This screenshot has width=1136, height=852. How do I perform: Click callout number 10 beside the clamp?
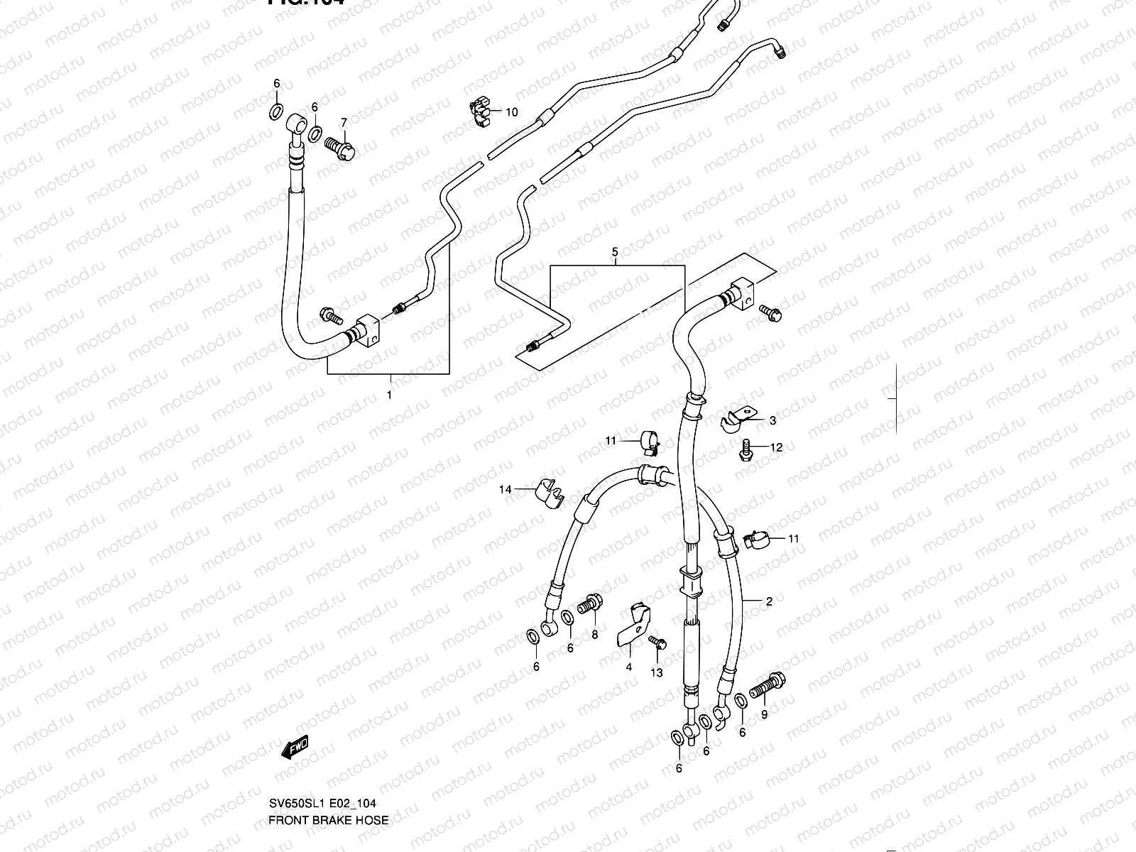point(512,112)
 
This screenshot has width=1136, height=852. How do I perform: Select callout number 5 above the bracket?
point(615,252)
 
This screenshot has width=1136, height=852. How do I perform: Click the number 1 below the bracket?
point(389,395)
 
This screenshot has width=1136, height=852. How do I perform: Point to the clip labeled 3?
point(736,420)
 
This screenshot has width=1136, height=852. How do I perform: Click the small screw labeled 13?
point(656,643)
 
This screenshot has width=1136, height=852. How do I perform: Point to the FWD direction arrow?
point(295,748)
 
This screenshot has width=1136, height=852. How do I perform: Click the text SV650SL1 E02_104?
point(322,803)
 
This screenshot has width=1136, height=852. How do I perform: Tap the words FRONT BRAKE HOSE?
point(328,820)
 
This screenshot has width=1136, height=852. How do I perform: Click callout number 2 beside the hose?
point(768,601)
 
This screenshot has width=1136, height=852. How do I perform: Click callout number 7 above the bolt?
point(344,122)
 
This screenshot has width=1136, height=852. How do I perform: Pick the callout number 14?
point(505,489)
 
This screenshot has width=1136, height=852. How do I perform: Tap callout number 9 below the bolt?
point(764,715)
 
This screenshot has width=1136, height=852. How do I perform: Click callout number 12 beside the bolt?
point(776,447)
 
